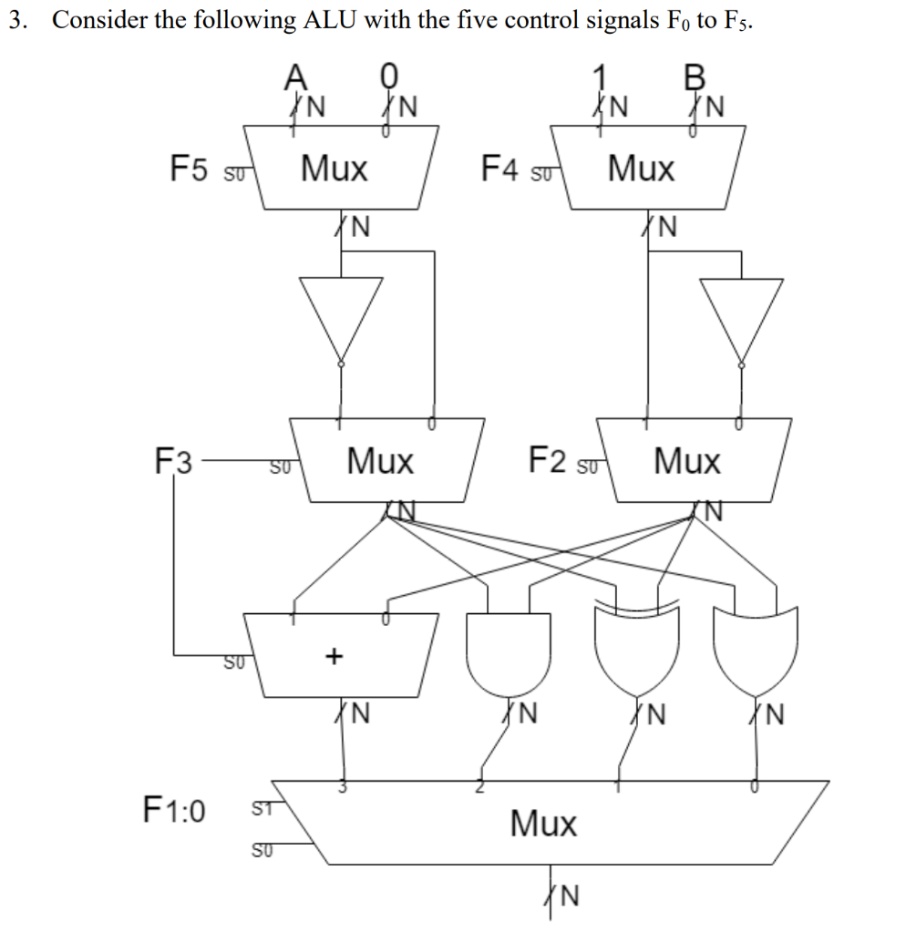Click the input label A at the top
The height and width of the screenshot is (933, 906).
point(296,77)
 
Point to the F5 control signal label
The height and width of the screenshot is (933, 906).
point(192,169)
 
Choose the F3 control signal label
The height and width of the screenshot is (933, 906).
point(173,462)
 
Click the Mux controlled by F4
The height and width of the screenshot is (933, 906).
point(643,169)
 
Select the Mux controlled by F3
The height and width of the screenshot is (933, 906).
point(380,461)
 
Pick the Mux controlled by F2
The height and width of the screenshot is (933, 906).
point(687,461)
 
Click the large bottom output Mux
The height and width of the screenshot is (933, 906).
point(543,823)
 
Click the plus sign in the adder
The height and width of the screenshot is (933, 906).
point(335,655)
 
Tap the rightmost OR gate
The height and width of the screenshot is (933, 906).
point(756,649)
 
